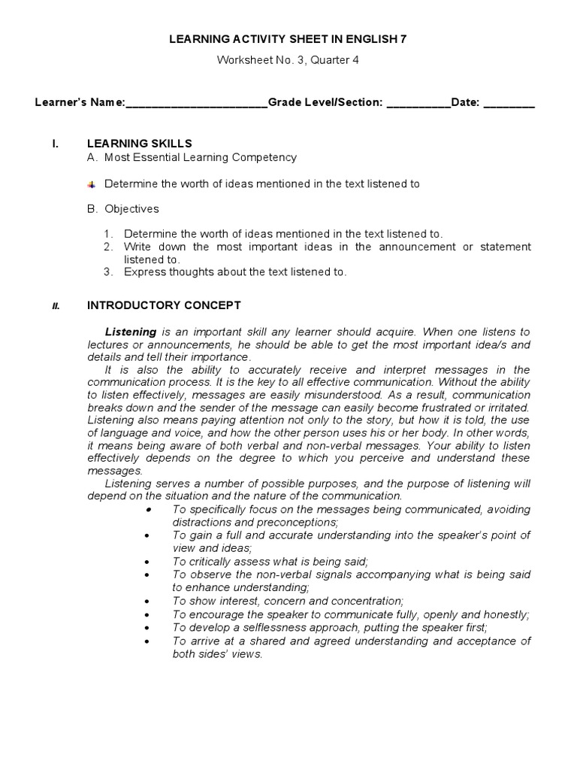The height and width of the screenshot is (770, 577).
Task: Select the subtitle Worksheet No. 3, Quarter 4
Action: pyautogui.click(x=288, y=60)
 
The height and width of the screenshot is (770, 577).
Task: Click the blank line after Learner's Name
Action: pyautogui.click(x=197, y=104)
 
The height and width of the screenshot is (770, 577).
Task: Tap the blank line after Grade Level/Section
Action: pyautogui.click(x=418, y=104)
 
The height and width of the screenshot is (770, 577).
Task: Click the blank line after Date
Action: pyautogui.click(x=509, y=104)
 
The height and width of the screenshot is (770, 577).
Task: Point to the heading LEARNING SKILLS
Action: pyautogui.click(x=140, y=143)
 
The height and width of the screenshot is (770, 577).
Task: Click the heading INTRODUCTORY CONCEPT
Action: pyautogui.click(x=164, y=305)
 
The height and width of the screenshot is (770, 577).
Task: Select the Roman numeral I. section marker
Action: pyautogui.click(x=55, y=143)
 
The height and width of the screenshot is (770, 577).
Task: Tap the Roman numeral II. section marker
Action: pyautogui.click(x=56, y=306)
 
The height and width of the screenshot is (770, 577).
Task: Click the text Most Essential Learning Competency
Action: pyautogui.click(x=200, y=157)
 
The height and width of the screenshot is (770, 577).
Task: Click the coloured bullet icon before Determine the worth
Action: pyautogui.click(x=92, y=183)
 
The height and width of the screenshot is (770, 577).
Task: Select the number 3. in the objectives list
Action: pyautogui.click(x=108, y=272)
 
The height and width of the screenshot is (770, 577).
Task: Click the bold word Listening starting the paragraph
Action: pyautogui.click(x=131, y=332)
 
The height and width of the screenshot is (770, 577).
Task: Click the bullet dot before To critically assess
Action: pyautogui.click(x=149, y=562)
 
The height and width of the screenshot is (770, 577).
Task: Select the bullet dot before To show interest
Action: pyautogui.click(x=149, y=602)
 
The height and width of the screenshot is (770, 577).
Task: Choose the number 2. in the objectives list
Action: pyautogui.click(x=108, y=247)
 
